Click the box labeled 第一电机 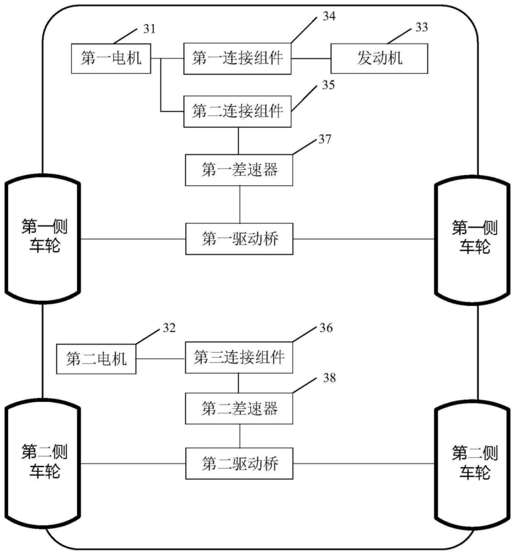tap(111, 58)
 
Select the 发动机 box tap(380, 58)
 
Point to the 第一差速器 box tap(239, 170)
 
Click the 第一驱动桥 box tap(239, 239)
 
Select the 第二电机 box tap(96, 358)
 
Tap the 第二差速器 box tap(239, 407)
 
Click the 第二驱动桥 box tap(239, 463)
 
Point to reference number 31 tap(149, 28)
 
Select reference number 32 tap(168, 328)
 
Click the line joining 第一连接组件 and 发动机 tap(312, 58)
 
